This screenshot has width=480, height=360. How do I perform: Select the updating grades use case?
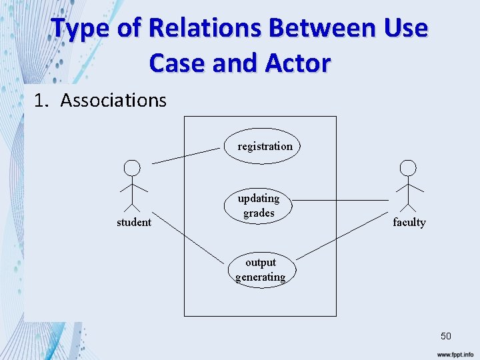pyautogui.click(x=259, y=205)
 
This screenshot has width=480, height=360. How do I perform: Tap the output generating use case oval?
pyautogui.click(x=261, y=269)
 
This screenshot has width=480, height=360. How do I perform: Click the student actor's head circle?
pyautogui.click(x=133, y=167)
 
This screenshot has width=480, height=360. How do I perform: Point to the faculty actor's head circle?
pyautogui.click(x=408, y=167)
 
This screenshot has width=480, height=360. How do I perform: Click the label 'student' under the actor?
pyautogui.click(x=133, y=222)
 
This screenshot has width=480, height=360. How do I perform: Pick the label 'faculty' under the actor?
pyautogui.click(x=409, y=222)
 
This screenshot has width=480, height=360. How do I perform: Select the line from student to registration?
pyautogui.click(x=185, y=155)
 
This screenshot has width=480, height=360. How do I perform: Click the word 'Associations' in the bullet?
pyautogui.click(x=113, y=100)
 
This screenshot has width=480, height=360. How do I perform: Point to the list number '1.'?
pyautogui.click(x=41, y=100)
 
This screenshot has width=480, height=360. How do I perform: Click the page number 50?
pyautogui.click(x=445, y=336)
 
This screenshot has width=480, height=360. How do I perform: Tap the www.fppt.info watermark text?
pyautogui.click(x=455, y=353)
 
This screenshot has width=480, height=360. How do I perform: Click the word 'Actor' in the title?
pyautogui.click(x=297, y=63)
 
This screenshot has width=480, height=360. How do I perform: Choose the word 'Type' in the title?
pyautogui.click(x=79, y=29)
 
